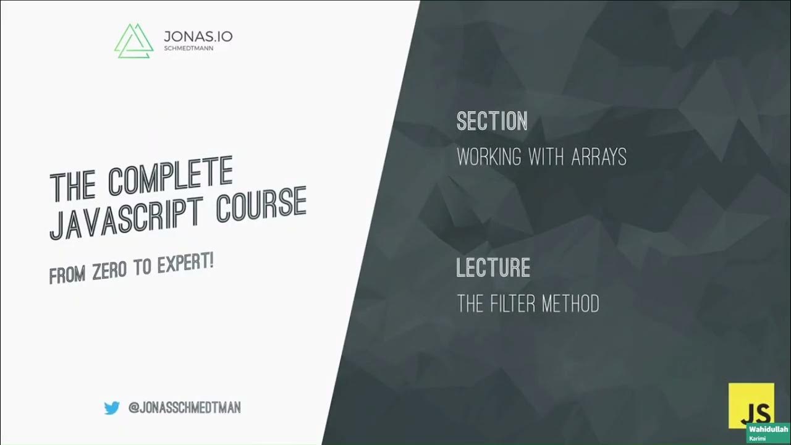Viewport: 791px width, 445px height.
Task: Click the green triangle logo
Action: (x=133, y=41)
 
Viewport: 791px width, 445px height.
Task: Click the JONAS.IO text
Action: (x=198, y=36)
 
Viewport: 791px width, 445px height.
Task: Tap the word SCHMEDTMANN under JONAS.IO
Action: (x=188, y=49)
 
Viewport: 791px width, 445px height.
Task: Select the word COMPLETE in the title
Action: (x=171, y=173)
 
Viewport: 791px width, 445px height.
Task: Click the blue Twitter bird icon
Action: (x=112, y=408)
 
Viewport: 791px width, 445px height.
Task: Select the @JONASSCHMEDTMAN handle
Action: (x=184, y=408)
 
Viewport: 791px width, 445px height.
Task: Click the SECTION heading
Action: (x=492, y=121)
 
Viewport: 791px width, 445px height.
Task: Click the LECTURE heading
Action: (x=493, y=268)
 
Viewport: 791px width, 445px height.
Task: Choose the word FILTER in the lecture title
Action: (x=513, y=303)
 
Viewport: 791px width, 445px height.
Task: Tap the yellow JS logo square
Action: (x=751, y=405)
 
